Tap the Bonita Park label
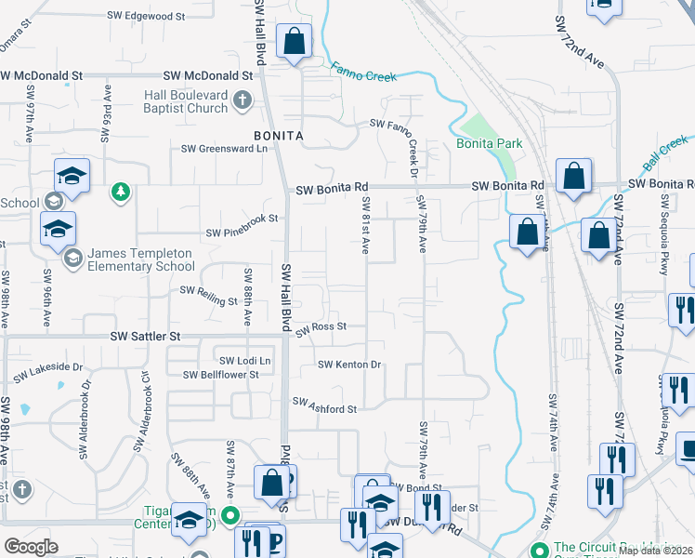click(x=489, y=143)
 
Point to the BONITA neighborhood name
click(x=279, y=136)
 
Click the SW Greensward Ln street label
click(x=224, y=148)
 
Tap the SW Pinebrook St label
click(x=242, y=219)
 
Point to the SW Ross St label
click(x=321, y=327)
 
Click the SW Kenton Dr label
click(x=350, y=365)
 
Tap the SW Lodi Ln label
click(x=244, y=360)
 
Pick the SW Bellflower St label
click(x=220, y=375)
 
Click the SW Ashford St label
click(x=324, y=407)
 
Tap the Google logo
click(x=31, y=546)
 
